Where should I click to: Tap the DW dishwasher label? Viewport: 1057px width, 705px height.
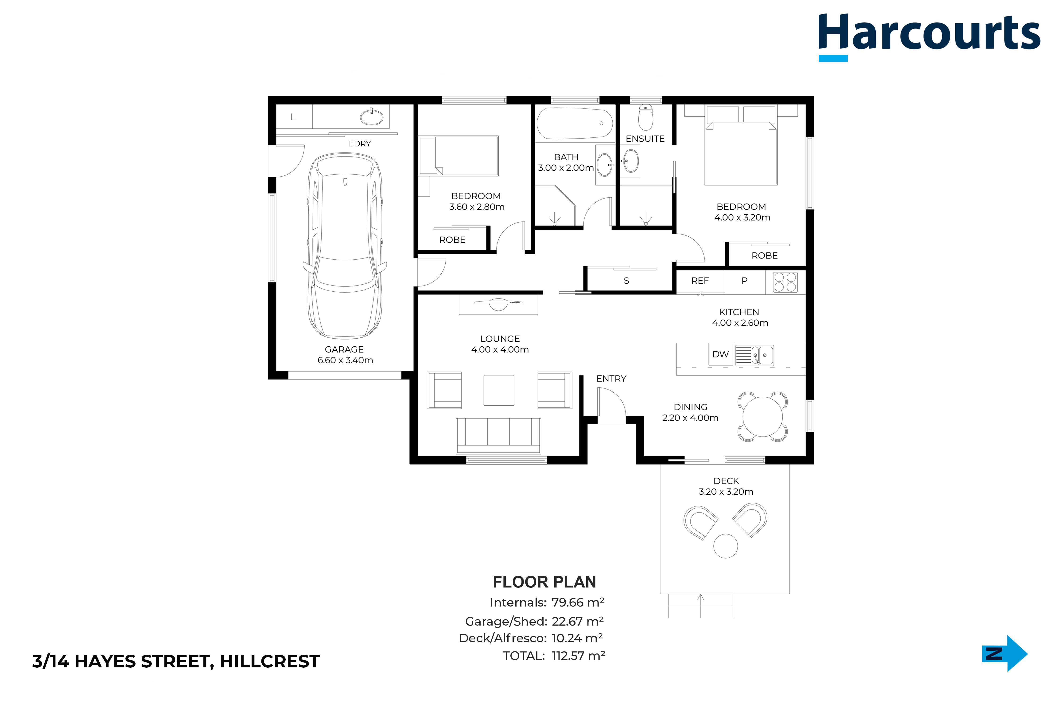[720, 354]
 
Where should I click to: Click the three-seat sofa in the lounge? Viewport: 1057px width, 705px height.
[498, 436]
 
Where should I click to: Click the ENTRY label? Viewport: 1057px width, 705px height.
[611, 379]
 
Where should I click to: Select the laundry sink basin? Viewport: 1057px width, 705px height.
[372, 118]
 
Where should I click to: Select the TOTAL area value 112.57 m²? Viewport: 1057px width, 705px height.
[578, 656]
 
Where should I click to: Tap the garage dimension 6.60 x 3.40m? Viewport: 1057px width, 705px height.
[345, 360]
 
